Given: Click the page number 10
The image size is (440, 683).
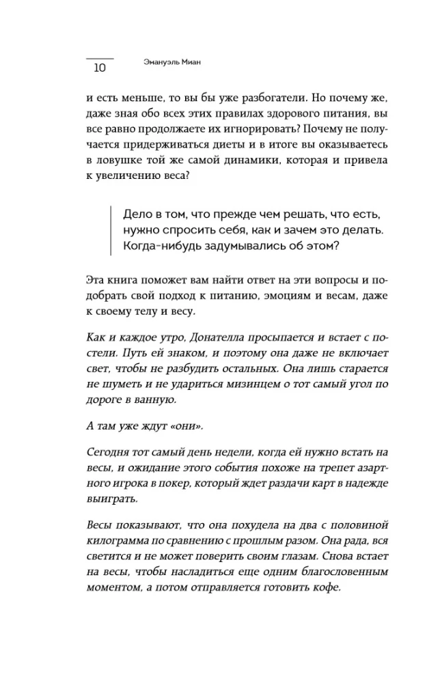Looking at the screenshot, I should click(x=100, y=67).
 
